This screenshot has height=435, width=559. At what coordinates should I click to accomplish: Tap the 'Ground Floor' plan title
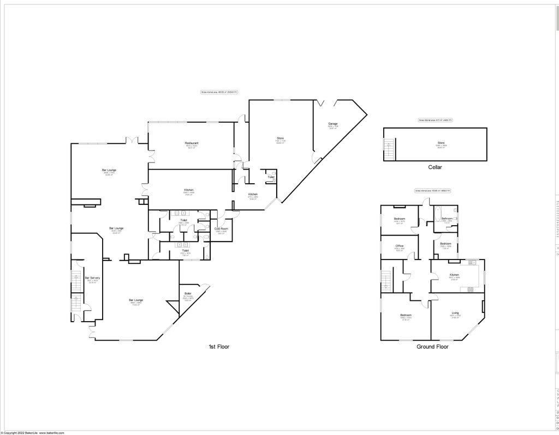(x=432, y=346)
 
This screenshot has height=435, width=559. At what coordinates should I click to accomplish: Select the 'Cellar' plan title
(x=435, y=167)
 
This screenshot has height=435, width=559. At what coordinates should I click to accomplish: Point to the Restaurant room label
(x=191, y=143)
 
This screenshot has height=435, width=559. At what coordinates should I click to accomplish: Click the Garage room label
(x=332, y=124)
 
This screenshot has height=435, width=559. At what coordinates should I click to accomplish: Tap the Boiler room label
(x=188, y=294)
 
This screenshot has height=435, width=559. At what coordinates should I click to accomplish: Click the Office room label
(x=400, y=246)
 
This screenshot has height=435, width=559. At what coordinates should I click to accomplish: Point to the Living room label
(x=455, y=313)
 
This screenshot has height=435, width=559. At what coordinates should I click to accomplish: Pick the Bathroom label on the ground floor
(x=447, y=219)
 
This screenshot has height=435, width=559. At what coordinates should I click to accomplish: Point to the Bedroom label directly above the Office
(x=399, y=219)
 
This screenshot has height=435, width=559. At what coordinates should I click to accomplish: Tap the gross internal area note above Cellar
(x=435, y=120)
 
